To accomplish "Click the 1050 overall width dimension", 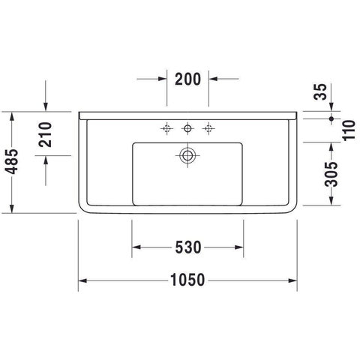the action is pos(187,280).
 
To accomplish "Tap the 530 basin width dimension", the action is pos(188,247).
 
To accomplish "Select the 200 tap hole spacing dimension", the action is pos(187,79).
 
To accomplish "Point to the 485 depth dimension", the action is pos(11,161).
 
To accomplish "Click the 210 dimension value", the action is pos(45,134).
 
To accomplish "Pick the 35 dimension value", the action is pos(320,91).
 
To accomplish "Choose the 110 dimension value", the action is pos(349,130).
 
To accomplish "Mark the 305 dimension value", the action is pos(331,174).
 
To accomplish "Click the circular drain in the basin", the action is pos(187,155).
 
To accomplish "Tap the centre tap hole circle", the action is pos(187,128).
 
